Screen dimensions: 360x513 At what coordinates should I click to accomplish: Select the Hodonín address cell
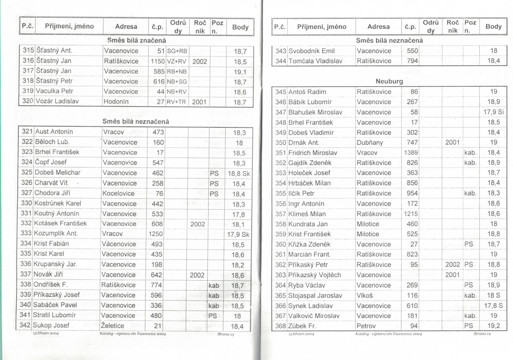(116, 102)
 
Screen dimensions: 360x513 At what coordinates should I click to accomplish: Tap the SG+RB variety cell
(177, 51)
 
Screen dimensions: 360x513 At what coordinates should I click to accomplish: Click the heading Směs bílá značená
(137, 40)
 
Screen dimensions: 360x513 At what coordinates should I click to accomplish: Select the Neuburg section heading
(389, 81)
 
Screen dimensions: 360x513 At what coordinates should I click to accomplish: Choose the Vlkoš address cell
(365, 295)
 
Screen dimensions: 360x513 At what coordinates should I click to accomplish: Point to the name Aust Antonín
(54, 131)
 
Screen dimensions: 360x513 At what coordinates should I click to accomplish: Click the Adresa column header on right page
(378, 27)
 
